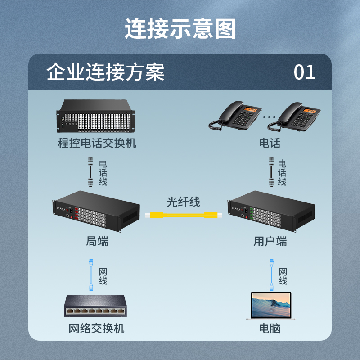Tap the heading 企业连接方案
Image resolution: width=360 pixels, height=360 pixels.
point(106,72)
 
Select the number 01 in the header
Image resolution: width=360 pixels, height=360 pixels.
point(304,72)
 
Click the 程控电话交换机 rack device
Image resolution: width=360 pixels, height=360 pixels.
point(97,117)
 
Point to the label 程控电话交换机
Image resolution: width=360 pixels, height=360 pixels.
point(97,144)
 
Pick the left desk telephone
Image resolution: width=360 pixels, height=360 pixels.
point(235,116)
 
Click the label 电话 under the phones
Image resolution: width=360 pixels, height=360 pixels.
point(270,144)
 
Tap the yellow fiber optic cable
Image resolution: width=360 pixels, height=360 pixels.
point(184,215)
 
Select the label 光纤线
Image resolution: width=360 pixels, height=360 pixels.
point(183,202)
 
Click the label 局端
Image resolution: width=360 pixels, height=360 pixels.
point(97,242)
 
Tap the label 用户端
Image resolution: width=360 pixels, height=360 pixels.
point(270,242)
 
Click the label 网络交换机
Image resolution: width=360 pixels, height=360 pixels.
point(96,328)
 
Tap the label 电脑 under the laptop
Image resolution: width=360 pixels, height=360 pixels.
point(270,328)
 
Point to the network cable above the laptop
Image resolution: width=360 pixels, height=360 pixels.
point(271,274)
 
